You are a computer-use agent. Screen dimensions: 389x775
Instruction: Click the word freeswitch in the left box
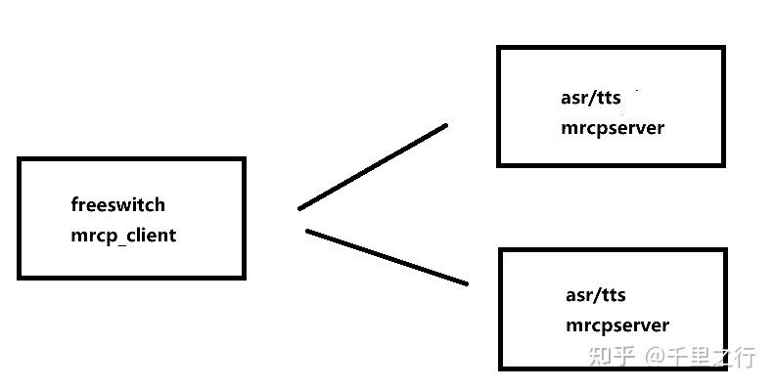(x=117, y=205)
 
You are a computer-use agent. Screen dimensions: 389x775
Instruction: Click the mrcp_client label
(x=123, y=236)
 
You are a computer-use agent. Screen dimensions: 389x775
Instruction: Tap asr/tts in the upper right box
(x=590, y=99)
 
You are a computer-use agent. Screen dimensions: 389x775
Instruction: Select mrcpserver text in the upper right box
(x=613, y=128)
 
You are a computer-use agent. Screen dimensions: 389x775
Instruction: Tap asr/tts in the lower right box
(x=595, y=295)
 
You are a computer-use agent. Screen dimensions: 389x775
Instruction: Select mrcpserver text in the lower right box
(x=617, y=325)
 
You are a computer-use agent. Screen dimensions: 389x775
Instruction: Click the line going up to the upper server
(x=373, y=166)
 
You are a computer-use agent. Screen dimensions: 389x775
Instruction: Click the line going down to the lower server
(x=387, y=257)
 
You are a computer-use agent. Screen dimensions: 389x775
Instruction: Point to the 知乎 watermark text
(x=611, y=356)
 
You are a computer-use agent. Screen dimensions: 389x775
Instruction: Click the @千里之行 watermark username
(x=699, y=356)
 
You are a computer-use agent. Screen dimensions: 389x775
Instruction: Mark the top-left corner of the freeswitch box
(x=20, y=159)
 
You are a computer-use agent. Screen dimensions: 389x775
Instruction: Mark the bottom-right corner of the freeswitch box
(x=244, y=278)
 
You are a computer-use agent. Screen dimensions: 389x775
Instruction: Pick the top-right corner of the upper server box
(x=723, y=47)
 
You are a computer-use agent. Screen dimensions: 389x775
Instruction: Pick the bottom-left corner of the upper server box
(x=498, y=165)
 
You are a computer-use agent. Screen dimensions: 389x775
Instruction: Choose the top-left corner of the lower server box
(x=501, y=249)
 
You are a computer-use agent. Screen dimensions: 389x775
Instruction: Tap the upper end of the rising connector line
(x=446, y=125)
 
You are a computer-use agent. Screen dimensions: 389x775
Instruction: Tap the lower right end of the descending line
(x=467, y=283)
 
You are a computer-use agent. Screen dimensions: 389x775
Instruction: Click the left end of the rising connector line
(x=299, y=208)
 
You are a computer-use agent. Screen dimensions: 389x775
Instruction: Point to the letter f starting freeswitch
(x=74, y=204)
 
